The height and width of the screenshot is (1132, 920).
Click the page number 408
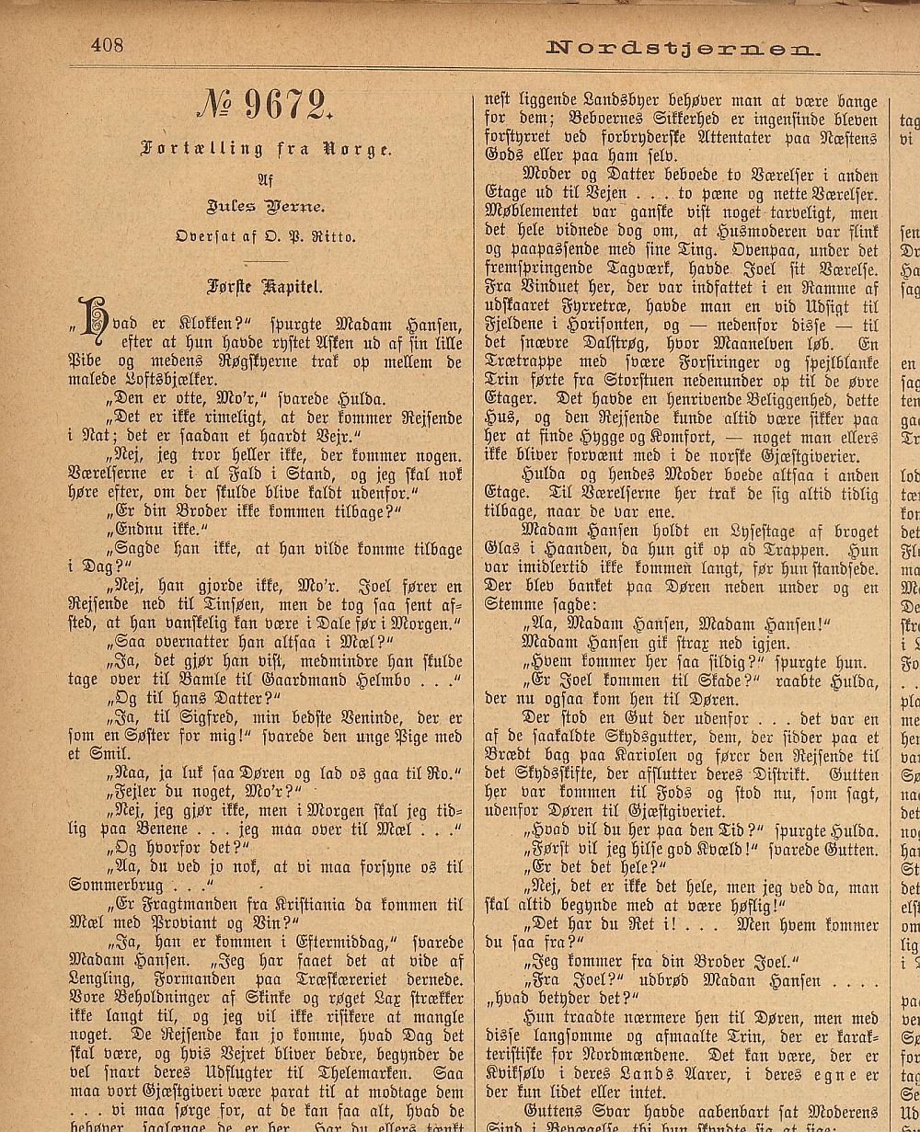point(107,44)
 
